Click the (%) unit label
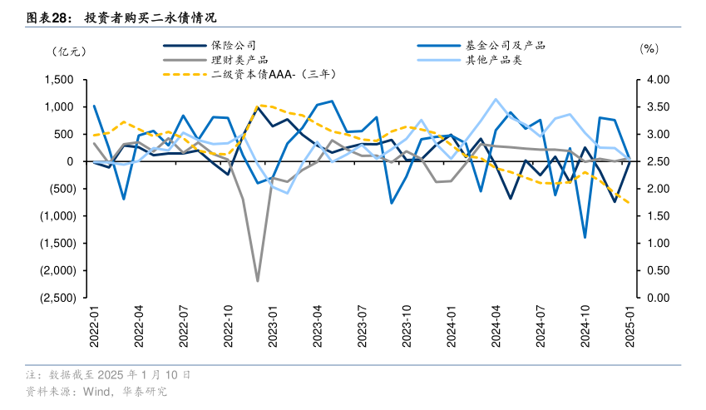649,49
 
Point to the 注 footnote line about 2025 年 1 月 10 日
108,375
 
